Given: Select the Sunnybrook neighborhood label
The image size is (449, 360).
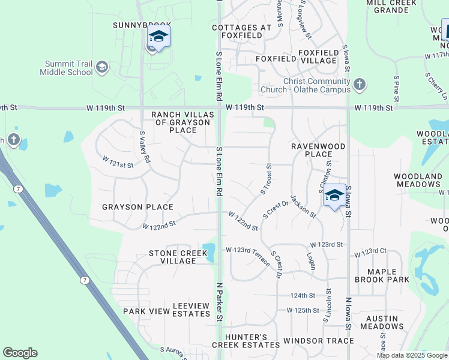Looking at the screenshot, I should (x=138, y=25).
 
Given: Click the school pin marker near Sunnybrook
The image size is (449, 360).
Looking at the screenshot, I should (x=158, y=37).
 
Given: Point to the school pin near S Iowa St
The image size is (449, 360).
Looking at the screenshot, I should (x=335, y=196).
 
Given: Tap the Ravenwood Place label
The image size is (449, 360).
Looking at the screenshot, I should (x=318, y=150).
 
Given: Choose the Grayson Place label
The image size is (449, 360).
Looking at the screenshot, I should (x=137, y=207).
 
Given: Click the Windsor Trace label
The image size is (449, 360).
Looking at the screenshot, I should (x=319, y=341).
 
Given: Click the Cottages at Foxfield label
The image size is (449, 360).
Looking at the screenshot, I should (x=237, y=32).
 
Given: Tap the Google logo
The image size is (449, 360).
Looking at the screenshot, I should (x=20, y=353).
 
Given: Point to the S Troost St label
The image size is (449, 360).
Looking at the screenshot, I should (x=266, y=179).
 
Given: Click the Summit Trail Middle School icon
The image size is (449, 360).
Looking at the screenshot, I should (x=101, y=67).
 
